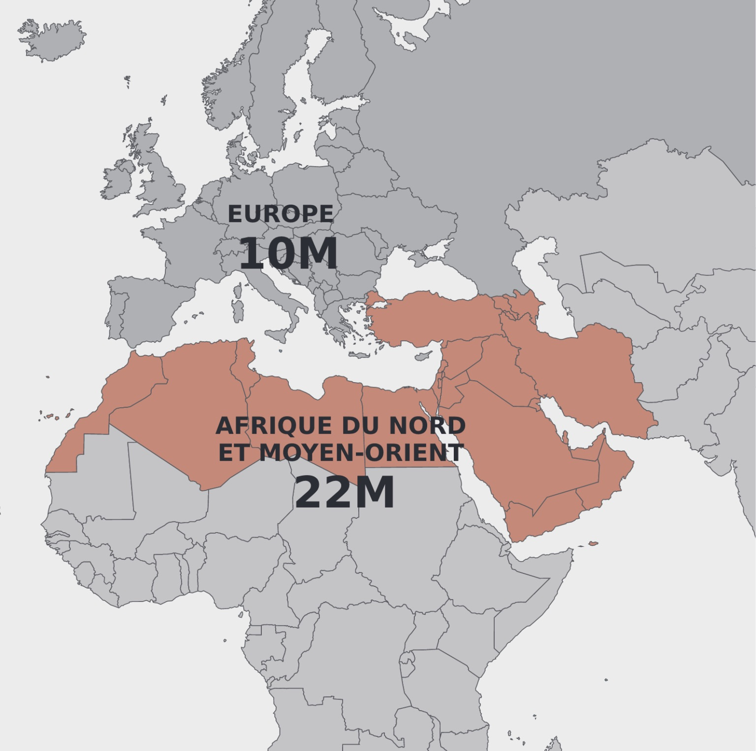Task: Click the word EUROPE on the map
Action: coord(280,214)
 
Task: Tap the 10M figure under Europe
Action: coord(288,253)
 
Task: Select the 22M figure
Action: coord(344,493)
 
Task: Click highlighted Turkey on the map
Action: coord(433,315)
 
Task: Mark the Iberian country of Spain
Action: coord(148,305)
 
